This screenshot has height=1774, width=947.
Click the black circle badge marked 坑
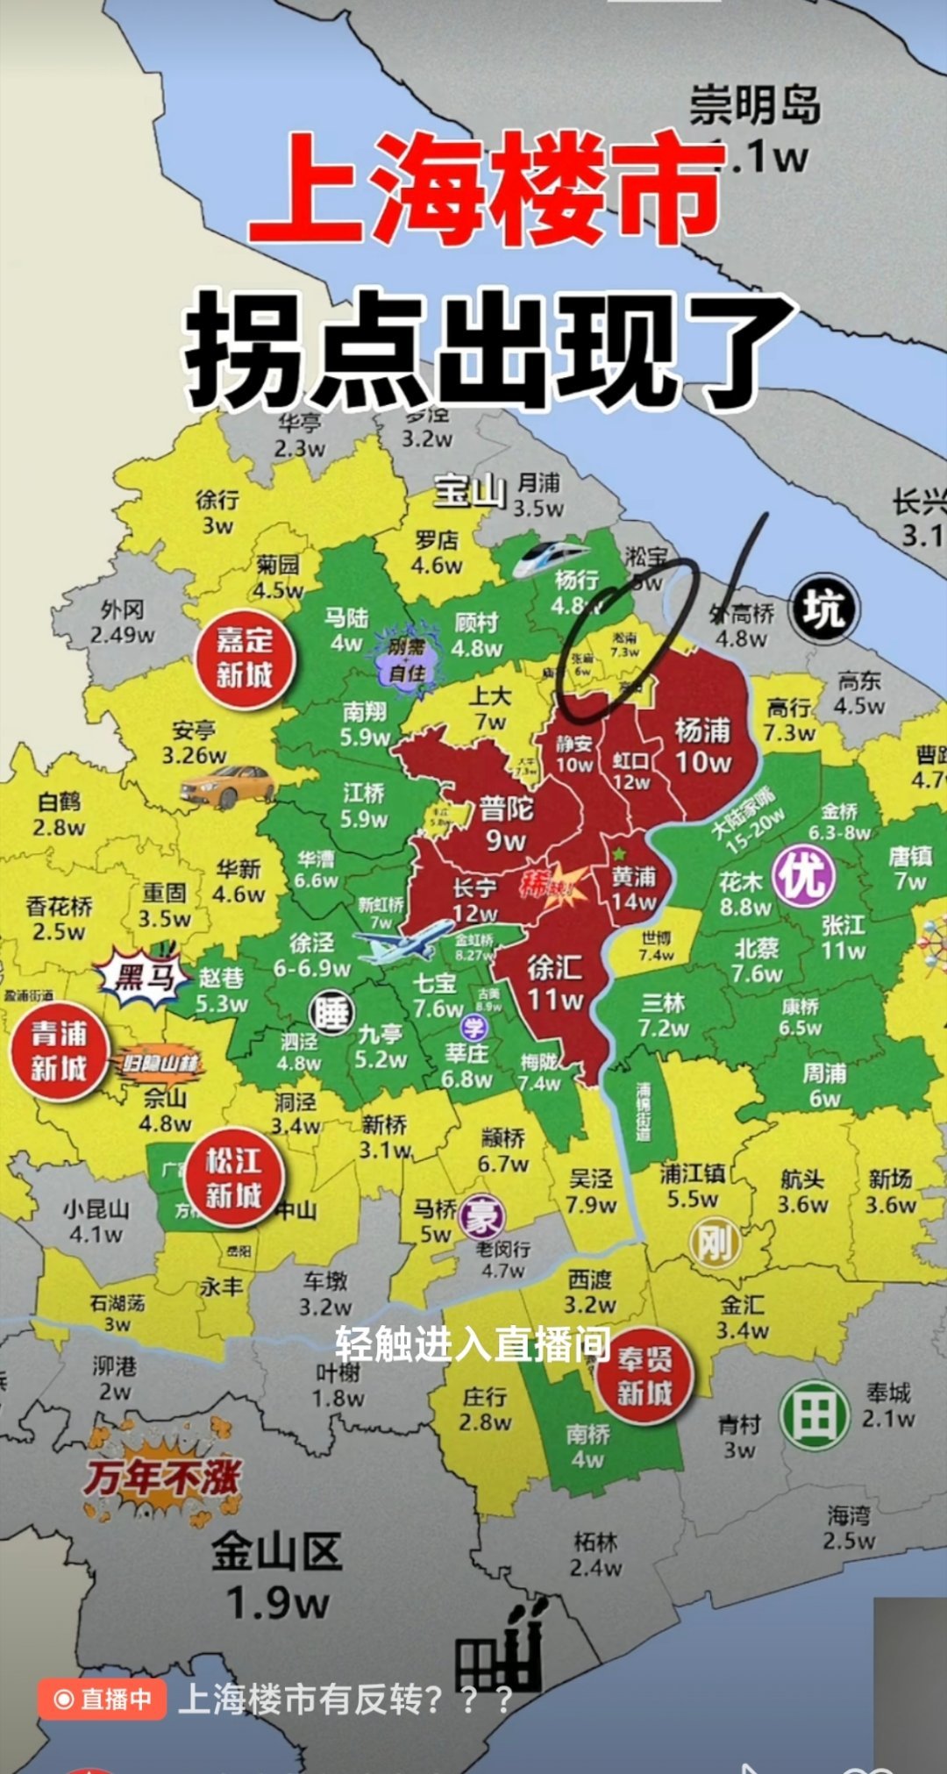[823, 609]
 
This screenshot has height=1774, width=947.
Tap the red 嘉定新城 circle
[245, 658]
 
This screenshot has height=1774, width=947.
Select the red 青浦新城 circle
[59, 1051]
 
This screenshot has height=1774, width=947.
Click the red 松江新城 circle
[233, 1179]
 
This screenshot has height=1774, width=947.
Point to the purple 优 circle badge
[803, 876]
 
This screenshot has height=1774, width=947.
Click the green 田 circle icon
[815, 1415]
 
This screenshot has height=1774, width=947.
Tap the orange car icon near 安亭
[227, 787]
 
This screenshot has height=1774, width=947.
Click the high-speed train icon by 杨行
[549, 558]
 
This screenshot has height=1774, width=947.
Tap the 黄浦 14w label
[634, 888]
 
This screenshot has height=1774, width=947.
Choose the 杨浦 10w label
[702, 745]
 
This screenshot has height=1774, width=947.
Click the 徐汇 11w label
[555, 982]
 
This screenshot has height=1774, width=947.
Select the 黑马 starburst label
[143, 976]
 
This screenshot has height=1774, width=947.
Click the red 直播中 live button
[103, 1699]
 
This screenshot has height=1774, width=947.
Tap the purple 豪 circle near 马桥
[481, 1217]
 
